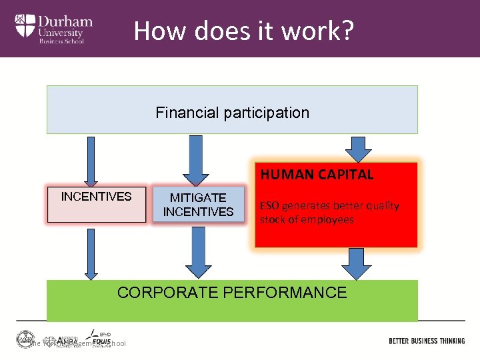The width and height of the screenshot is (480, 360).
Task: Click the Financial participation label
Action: [x=232, y=113]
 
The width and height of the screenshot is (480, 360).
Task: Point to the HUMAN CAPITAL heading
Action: [x=317, y=175]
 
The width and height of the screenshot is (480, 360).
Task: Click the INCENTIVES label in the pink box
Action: [x=96, y=196]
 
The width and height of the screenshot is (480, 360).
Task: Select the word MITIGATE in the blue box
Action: [x=198, y=198]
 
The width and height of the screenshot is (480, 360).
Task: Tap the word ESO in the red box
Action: [x=269, y=205]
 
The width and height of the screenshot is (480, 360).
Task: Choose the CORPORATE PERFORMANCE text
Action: [x=232, y=292]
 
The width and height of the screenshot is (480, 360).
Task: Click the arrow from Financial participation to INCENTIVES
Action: [x=91, y=161]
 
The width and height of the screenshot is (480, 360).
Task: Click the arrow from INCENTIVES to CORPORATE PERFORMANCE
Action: [x=91, y=254]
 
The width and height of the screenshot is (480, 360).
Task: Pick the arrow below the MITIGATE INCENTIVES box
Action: [x=198, y=252]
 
